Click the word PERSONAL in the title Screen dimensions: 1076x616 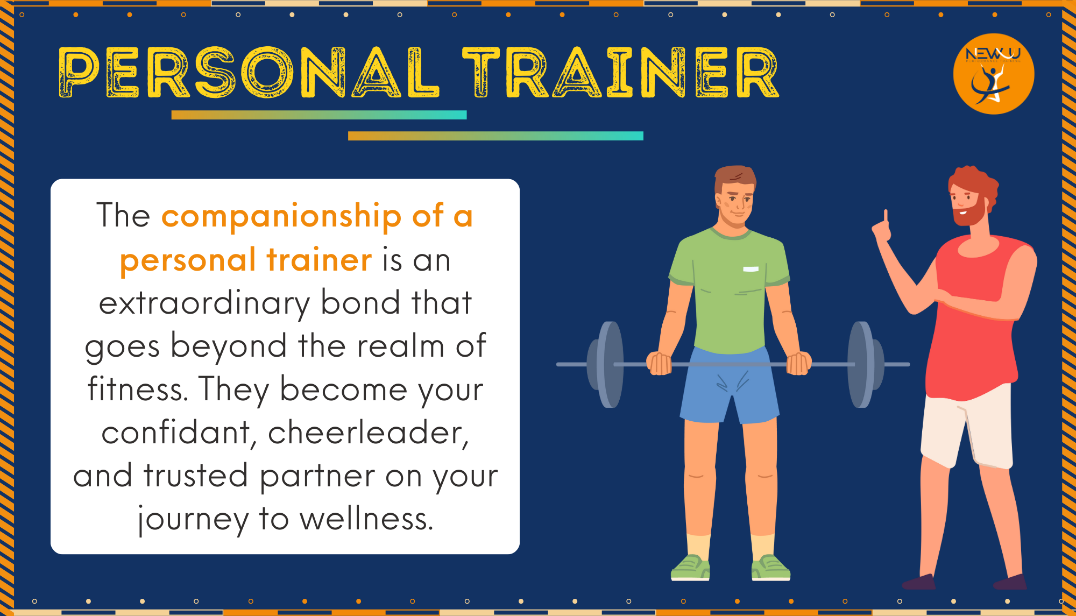[249, 72]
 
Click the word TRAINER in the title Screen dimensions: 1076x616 [621, 72]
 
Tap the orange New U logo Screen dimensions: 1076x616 [993, 74]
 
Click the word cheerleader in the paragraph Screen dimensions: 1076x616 [368, 433]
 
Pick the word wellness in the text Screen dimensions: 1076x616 [366, 519]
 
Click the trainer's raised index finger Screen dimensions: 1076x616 [886, 216]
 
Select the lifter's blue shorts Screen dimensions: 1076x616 [729, 385]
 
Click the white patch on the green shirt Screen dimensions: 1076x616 [751, 268]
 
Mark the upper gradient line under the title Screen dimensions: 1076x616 [319, 115]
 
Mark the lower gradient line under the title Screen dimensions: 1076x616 [495, 136]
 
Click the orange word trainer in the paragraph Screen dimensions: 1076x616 [320, 260]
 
